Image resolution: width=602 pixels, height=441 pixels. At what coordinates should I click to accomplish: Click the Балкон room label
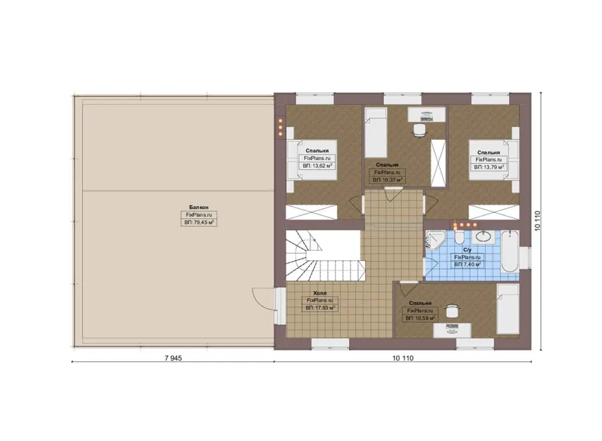pyautogui.click(x=199, y=207)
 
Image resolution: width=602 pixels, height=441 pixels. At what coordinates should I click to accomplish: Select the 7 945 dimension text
pyautogui.click(x=173, y=358)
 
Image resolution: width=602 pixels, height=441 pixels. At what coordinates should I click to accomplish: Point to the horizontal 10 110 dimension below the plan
pyautogui.click(x=403, y=358)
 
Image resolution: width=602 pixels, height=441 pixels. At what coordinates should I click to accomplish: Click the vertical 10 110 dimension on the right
pyautogui.click(x=538, y=221)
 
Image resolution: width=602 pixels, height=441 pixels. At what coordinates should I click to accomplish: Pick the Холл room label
pyautogui.click(x=320, y=293)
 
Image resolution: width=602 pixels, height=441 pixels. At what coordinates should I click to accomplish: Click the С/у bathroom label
pyautogui.click(x=468, y=250)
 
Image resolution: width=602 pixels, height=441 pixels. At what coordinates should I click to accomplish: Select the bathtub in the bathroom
pyautogui.click(x=510, y=251)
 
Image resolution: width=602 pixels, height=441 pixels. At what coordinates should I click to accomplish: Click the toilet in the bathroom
pyautogui.click(x=459, y=238)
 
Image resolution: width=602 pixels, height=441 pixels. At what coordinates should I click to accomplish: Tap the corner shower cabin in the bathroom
pyautogui.click(x=435, y=240)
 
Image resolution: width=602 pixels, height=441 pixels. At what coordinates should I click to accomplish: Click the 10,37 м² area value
pyautogui.click(x=387, y=180)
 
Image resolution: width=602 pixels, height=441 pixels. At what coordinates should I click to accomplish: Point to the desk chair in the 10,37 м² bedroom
pyautogui.click(x=419, y=130)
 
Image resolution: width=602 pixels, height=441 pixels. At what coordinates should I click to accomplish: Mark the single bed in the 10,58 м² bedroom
pyautogui.click(x=508, y=309)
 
